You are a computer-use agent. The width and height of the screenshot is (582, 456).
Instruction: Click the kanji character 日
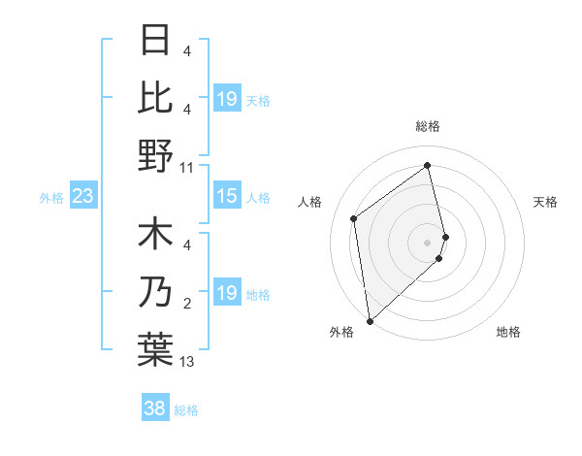pos(155,40)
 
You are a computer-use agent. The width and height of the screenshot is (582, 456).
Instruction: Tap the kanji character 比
pos(155,98)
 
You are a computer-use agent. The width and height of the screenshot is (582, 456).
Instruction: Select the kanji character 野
pos(155,155)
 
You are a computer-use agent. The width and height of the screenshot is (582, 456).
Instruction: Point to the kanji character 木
pos(155,236)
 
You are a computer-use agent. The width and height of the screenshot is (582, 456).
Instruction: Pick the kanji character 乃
pos(155,293)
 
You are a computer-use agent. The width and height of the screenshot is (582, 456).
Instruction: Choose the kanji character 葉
pos(155,350)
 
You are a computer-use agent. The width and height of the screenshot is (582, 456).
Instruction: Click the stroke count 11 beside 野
pos(187,168)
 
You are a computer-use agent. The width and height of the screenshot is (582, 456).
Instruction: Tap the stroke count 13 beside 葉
pos(187,363)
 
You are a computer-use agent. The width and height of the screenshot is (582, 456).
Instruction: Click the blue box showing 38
pos(155,409)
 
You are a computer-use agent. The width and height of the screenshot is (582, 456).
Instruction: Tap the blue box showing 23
pos(82,197)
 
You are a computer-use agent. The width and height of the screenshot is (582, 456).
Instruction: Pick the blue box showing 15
pos(226,197)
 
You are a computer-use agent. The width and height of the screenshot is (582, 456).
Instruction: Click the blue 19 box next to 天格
pos(226,99)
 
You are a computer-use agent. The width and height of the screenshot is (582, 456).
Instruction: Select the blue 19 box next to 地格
pos(226,294)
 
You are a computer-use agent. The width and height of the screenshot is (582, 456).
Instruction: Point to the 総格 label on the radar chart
pos(428,126)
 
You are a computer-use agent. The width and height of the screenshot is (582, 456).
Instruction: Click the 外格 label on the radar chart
pos(341,333)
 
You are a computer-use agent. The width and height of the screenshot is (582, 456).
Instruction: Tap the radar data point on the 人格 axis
pos(354,218)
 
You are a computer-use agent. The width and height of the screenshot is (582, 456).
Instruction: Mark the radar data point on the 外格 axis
pos(370,320)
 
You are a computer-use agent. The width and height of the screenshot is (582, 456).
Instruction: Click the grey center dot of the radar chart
pos(428,242)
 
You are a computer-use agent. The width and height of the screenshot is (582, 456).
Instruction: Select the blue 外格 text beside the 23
pos(51,198)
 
